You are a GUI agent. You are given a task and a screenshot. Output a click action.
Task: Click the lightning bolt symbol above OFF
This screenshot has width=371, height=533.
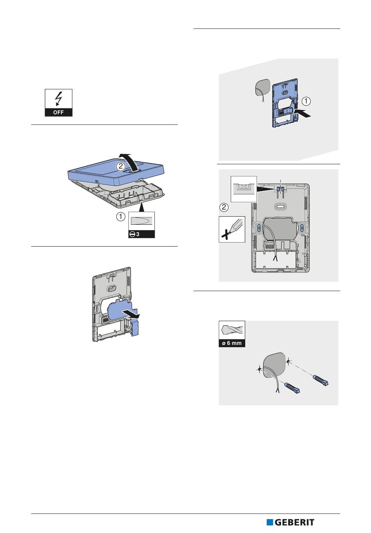point(58,98)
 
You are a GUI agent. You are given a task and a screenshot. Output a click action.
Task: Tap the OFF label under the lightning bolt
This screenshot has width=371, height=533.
point(59,112)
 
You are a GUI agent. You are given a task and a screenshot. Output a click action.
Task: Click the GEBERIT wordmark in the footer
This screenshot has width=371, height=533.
point(294,522)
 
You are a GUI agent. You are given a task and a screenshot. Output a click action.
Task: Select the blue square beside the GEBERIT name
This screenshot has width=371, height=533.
point(270,522)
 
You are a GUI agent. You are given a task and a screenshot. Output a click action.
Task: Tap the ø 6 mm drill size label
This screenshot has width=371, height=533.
point(232,343)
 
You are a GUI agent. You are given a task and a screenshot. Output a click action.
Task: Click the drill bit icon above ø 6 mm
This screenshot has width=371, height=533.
point(232,330)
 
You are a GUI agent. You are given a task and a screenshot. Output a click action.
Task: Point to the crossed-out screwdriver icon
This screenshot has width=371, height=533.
point(232,229)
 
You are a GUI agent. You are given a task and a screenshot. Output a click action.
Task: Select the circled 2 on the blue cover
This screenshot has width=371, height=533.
point(121,166)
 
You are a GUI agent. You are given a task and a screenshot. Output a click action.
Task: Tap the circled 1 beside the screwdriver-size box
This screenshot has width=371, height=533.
point(121,217)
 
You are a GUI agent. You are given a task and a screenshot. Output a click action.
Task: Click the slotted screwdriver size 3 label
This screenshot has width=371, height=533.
point(142,235)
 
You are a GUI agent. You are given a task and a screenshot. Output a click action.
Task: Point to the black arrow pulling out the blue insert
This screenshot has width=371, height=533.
point(131,314)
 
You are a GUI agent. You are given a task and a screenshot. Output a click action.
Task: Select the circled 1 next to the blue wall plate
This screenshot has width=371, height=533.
point(306,101)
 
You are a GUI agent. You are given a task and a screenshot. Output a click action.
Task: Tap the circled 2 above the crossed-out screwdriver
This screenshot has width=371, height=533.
point(224,207)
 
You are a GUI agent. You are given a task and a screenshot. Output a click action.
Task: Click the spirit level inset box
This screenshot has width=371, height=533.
point(244,189)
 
